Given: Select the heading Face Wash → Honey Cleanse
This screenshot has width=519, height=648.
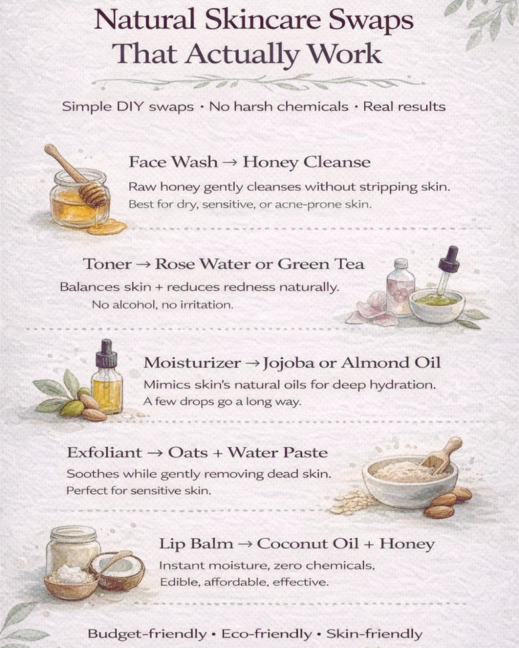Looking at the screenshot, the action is [250, 162].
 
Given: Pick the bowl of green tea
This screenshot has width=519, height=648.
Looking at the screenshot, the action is [437, 306].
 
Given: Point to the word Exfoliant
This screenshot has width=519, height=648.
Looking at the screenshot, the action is [105, 452].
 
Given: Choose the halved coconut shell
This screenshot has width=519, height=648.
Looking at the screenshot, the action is [117, 571].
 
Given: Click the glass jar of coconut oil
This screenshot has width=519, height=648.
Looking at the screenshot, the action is [74, 550].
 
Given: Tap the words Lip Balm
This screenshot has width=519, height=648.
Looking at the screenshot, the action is [196, 544].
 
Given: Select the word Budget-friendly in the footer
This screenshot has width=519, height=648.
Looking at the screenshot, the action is [147, 633].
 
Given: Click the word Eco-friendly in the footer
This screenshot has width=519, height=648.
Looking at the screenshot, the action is [267, 633].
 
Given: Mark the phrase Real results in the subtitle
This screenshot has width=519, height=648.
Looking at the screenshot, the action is [404, 106].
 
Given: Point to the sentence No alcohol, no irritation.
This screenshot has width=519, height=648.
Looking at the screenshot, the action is [163, 305].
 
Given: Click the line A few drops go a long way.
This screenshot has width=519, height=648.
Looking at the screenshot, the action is [222, 402].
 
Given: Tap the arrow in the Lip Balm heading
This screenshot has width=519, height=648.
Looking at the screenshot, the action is [245, 544].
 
